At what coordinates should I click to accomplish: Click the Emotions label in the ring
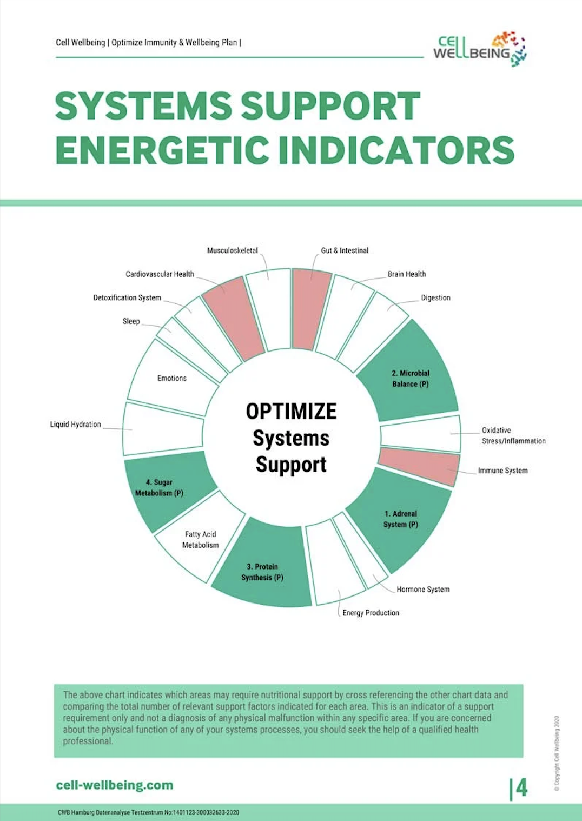[x=172, y=378]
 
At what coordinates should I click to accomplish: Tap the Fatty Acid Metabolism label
[x=201, y=540]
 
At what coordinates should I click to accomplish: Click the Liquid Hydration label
[x=75, y=424]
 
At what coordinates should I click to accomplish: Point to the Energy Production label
[x=371, y=613]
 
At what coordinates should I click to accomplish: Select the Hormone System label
[x=423, y=590]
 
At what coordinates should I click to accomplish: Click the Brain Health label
[x=407, y=274]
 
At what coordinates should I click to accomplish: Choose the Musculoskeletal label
[x=233, y=250]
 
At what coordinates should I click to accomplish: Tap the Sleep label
[x=131, y=321]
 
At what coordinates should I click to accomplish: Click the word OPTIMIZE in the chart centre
[x=291, y=411]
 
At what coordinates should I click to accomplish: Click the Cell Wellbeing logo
[x=480, y=49]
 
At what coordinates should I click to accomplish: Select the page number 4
[x=521, y=787]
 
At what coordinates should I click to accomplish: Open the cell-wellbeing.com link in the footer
[x=115, y=785]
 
